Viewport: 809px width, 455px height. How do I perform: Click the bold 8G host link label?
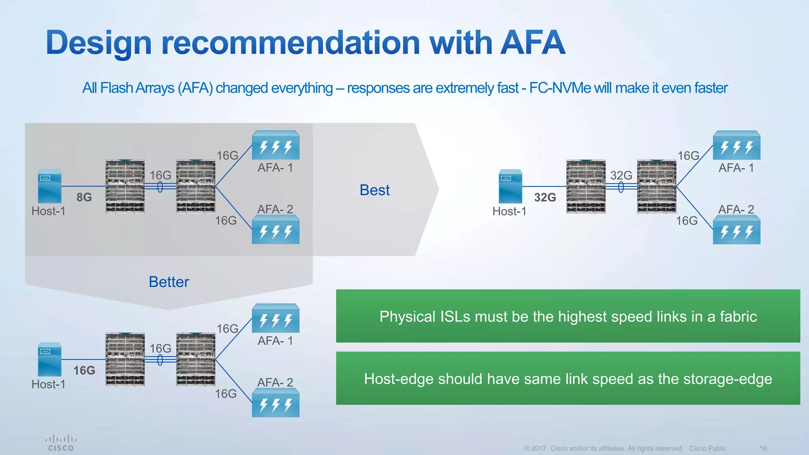[x=84, y=197]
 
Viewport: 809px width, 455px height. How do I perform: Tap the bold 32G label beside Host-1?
[x=545, y=197]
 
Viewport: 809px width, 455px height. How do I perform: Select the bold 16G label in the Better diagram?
[x=84, y=370]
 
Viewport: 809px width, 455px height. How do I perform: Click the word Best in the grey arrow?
[x=374, y=190]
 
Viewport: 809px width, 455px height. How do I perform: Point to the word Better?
[x=169, y=282]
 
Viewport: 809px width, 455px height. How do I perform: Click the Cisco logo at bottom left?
[x=61, y=443]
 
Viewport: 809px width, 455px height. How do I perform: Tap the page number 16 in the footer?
[x=763, y=448]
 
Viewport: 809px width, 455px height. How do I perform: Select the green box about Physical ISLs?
[x=568, y=316]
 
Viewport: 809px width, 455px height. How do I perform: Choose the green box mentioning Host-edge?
[x=568, y=378]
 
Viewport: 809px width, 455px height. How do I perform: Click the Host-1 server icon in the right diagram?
[x=510, y=186]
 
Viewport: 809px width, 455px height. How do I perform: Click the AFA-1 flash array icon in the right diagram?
[x=736, y=145]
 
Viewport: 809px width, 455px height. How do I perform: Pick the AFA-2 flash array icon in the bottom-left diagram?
[x=275, y=403]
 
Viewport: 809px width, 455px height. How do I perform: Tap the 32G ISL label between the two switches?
[x=621, y=175]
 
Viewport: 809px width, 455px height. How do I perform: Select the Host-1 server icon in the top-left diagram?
[x=50, y=186]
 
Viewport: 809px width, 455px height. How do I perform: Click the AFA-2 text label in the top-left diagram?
[x=275, y=209]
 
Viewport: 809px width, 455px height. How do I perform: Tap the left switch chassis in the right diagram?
[x=585, y=186]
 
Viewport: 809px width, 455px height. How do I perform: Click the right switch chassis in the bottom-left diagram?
[x=196, y=359]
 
